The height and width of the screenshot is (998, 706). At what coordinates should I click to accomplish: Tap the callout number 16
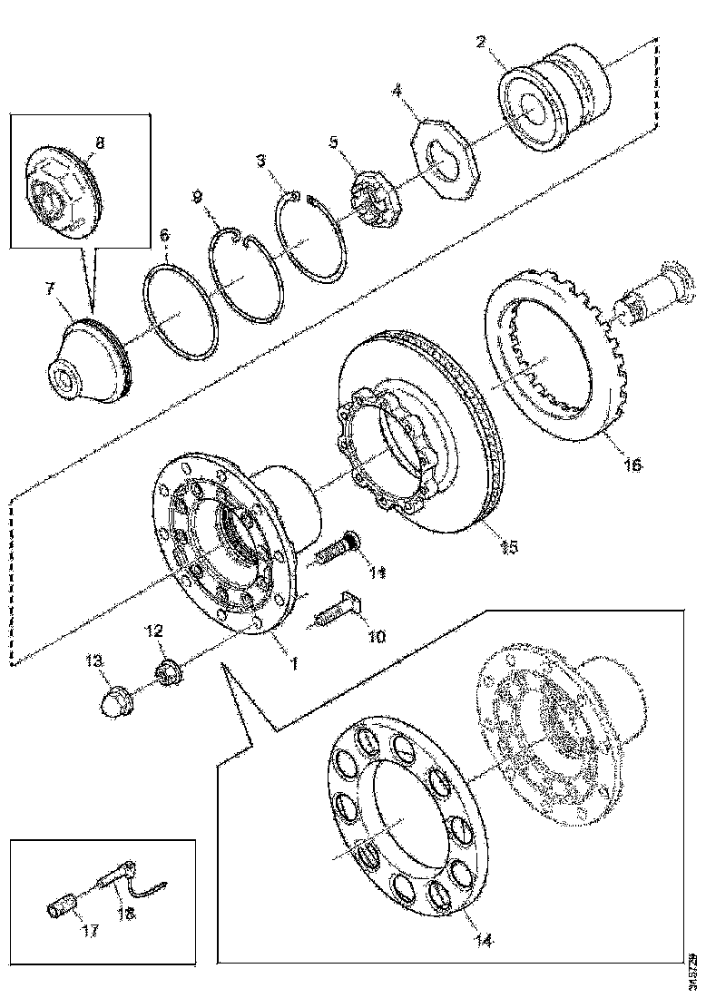pos(632,464)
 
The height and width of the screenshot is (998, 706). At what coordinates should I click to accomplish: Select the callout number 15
pos(509,546)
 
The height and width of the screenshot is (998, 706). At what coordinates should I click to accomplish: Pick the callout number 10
pos(376,637)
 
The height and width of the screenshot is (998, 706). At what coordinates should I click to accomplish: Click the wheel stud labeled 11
pos(336,549)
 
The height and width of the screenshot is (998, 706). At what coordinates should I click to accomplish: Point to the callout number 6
pos(164,234)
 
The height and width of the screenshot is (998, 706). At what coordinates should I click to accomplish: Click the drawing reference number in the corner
pos(692,970)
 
